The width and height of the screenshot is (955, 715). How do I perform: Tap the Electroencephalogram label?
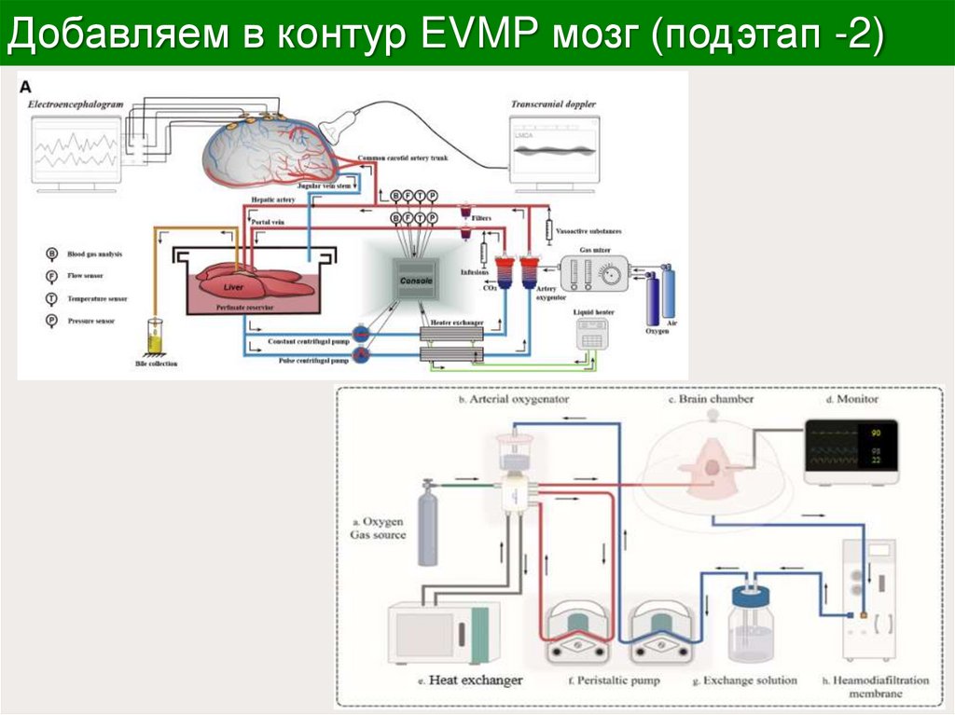click(x=76, y=105)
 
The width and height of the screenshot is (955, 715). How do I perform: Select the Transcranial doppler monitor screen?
click(x=553, y=148)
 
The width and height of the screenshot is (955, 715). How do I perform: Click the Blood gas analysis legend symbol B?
click(x=52, y=254)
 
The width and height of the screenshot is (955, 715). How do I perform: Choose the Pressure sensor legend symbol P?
click(x=52, y=321)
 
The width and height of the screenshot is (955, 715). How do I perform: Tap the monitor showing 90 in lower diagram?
click(x=850, y=447)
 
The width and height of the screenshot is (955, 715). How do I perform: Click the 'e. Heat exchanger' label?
click(x=464, y=680)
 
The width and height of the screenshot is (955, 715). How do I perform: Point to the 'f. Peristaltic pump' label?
click(x=613, y=681)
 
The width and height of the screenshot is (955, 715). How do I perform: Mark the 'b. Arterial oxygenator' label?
click(x=514, y=400)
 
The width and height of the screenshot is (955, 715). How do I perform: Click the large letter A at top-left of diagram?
click(x=27, y=87)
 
